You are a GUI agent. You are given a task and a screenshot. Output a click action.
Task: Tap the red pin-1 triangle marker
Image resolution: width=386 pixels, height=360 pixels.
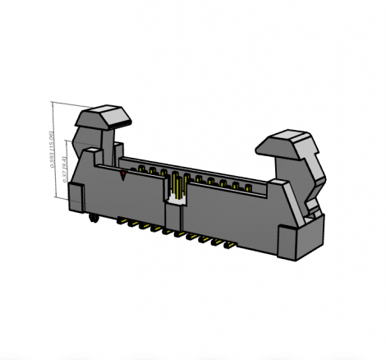(x=123, y=175)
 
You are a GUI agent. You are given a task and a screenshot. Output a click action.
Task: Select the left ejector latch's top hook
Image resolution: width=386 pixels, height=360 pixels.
(x=107, y=116)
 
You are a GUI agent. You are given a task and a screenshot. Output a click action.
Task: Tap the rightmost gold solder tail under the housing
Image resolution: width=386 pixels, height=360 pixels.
(x=232, y=244)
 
